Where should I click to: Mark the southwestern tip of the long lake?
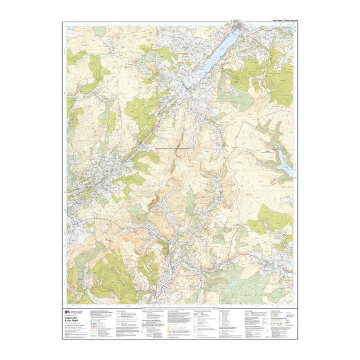click(200, 78)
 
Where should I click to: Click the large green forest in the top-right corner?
click(275, 82)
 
